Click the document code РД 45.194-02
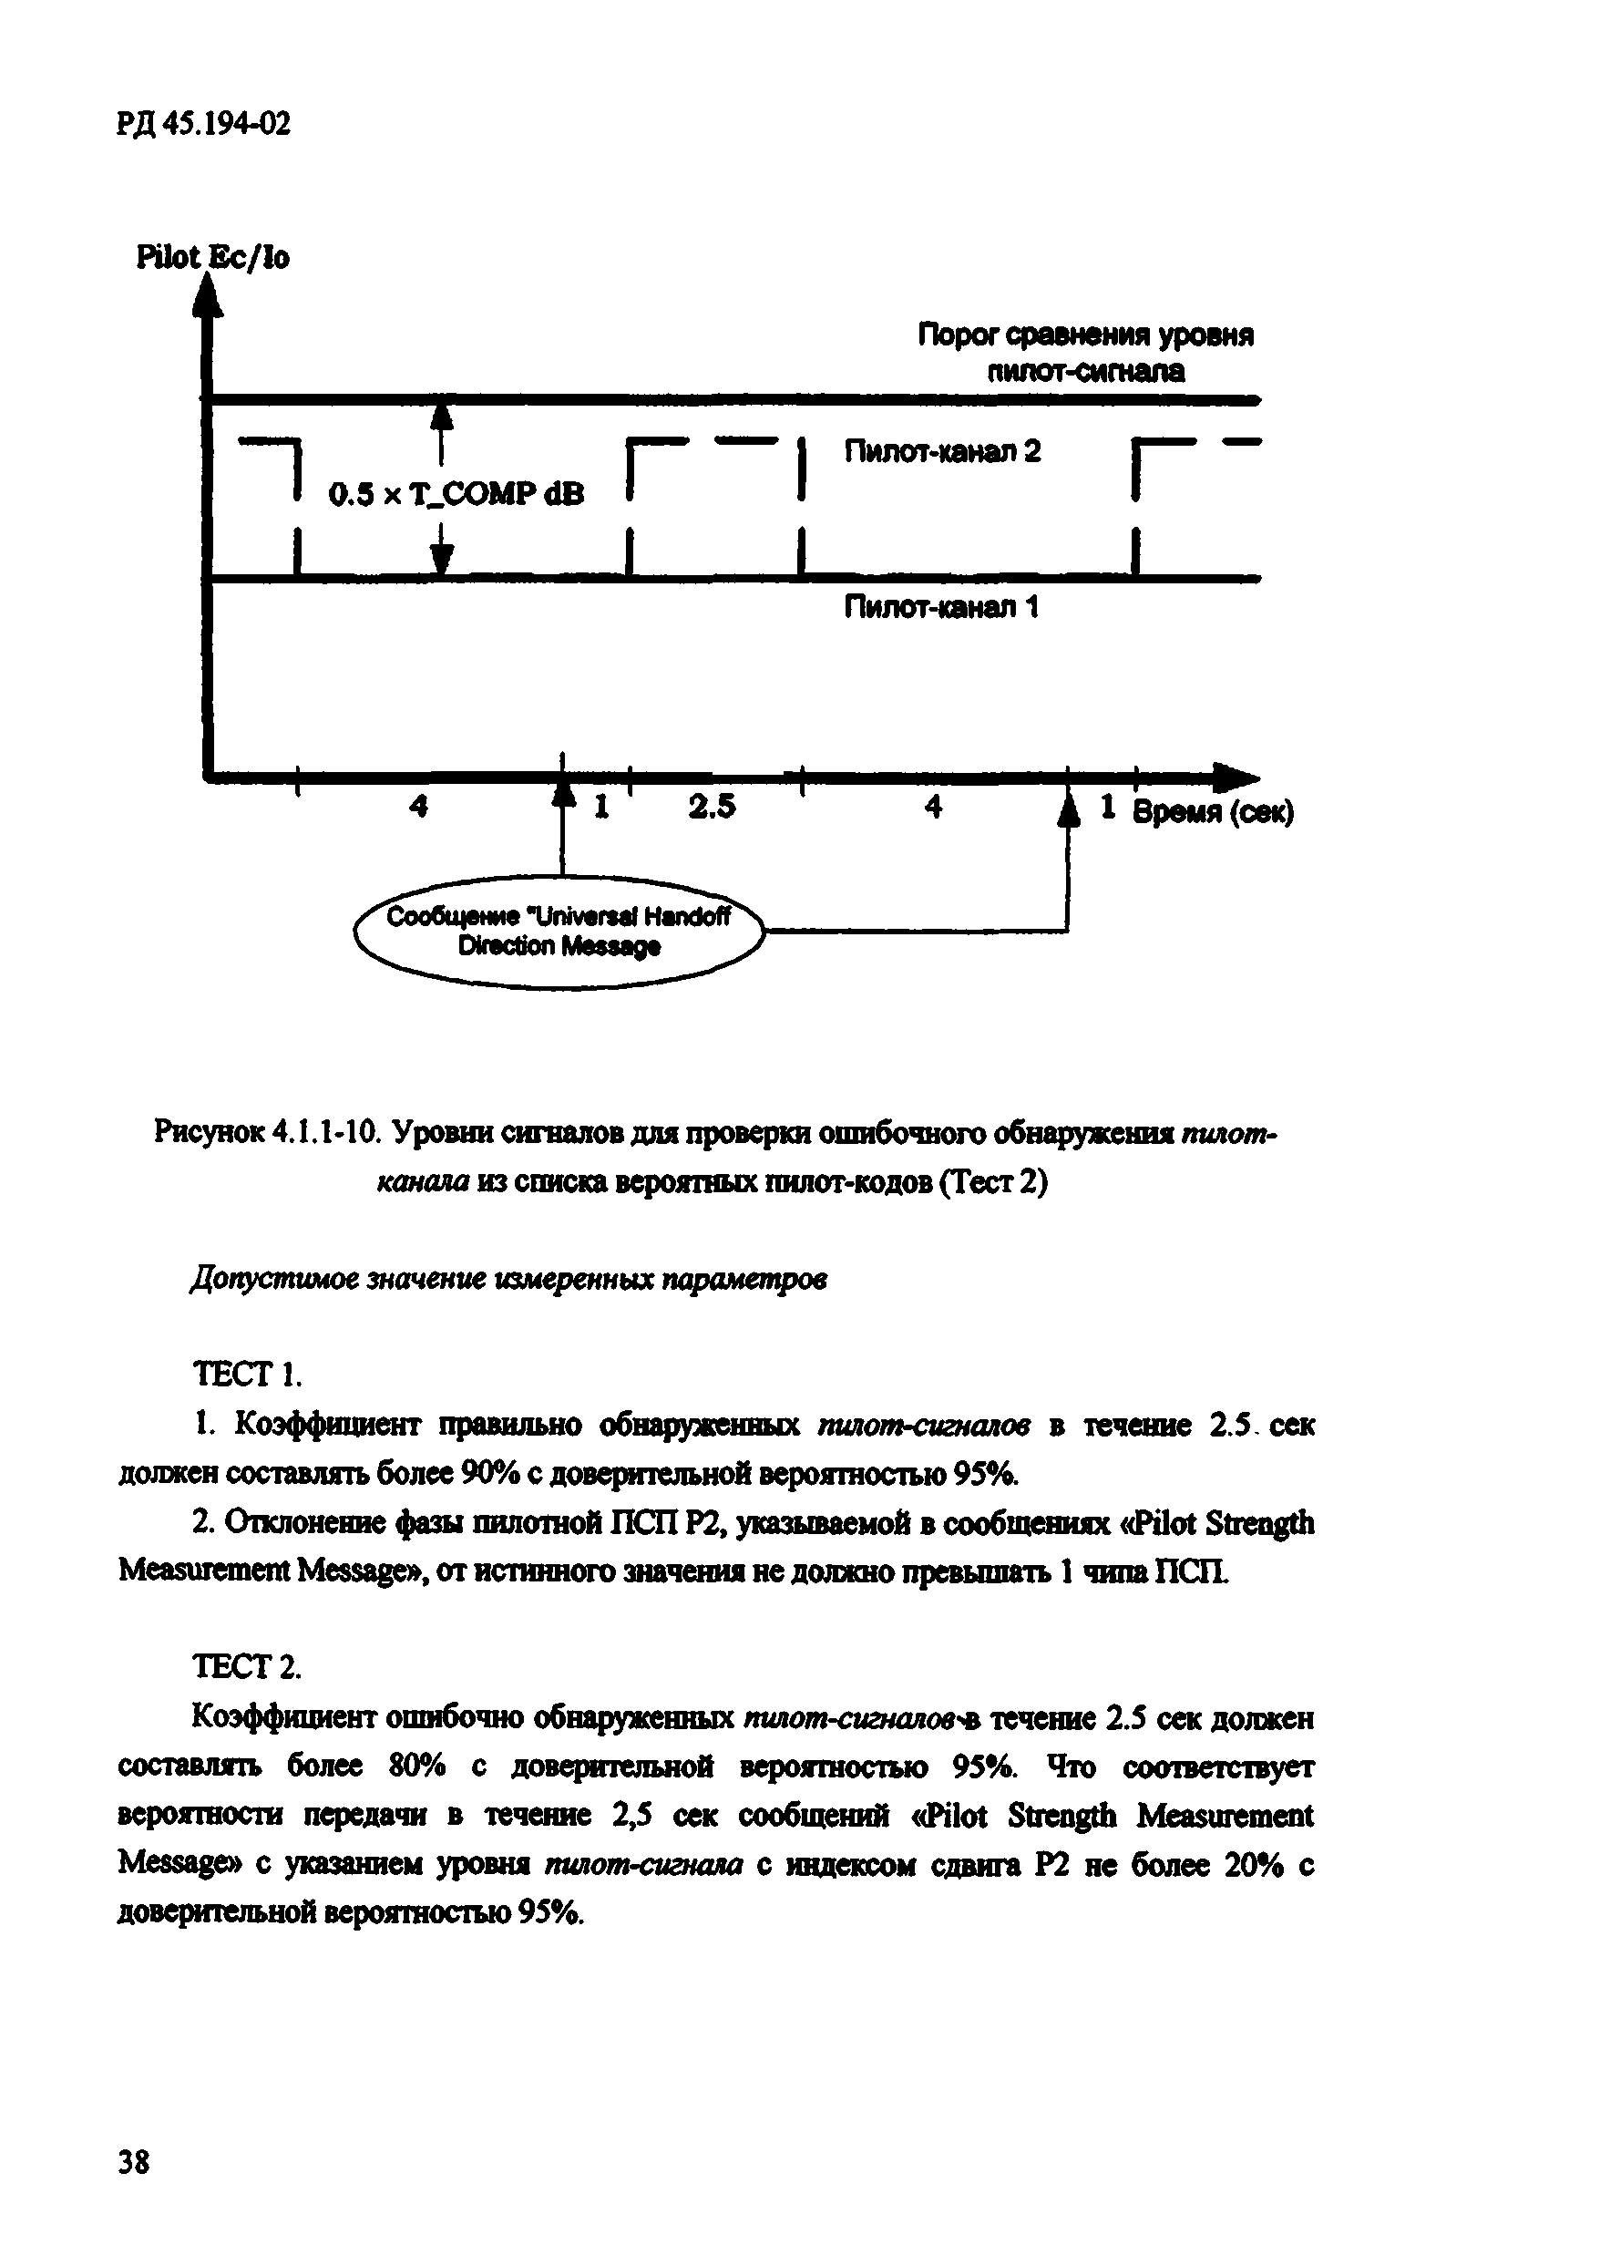coord(204,124)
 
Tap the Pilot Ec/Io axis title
coord(213,258)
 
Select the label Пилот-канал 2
coord(942,452)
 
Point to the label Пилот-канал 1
coord(941,607)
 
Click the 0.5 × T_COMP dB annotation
coord(456,494)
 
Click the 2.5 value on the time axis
coord(713,808)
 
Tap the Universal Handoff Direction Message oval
coord(559,932)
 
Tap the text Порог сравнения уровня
coord(1085,335)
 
